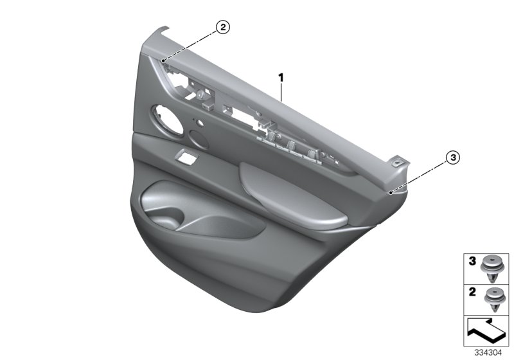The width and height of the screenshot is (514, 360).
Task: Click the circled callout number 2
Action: pos(222,27)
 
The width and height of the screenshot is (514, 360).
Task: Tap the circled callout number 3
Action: pos(453,157)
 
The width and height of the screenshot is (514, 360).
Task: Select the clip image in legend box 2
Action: pos(492,300)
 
